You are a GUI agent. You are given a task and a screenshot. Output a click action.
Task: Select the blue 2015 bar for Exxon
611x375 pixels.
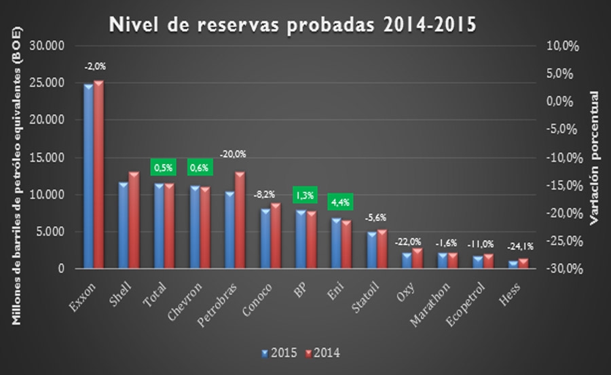(88, 176)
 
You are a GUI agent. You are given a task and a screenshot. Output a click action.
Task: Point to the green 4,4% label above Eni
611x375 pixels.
(339, 201)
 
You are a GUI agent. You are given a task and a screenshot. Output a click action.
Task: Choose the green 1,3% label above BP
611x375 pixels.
(304, 195)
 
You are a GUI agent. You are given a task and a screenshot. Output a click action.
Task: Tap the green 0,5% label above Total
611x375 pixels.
(162, 166)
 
